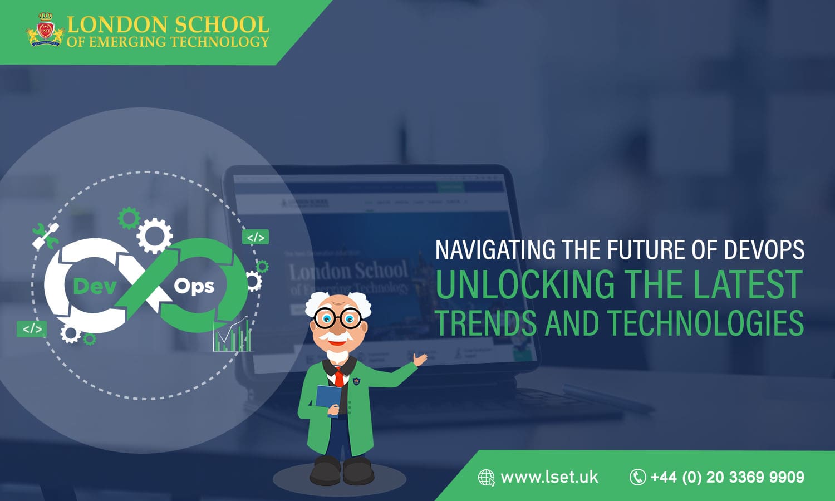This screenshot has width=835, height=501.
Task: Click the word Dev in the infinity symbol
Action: (x=95, y=286)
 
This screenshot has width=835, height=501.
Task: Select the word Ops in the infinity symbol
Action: (x=194, y=286)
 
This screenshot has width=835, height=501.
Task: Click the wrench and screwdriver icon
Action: (x=46, y=236)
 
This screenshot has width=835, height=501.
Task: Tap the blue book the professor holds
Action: (x=328, y=400)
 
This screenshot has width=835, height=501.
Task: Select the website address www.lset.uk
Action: (x=549, y=477)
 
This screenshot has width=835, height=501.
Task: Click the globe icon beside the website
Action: (x=486, y=478)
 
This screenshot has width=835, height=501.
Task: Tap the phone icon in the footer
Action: (x=637, y=477)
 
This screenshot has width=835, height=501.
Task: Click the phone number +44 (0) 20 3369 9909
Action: (x=727, y=477)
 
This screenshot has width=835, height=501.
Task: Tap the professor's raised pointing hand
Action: (x=420, y=360)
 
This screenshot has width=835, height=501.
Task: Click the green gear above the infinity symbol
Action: (x=129, y=218)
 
